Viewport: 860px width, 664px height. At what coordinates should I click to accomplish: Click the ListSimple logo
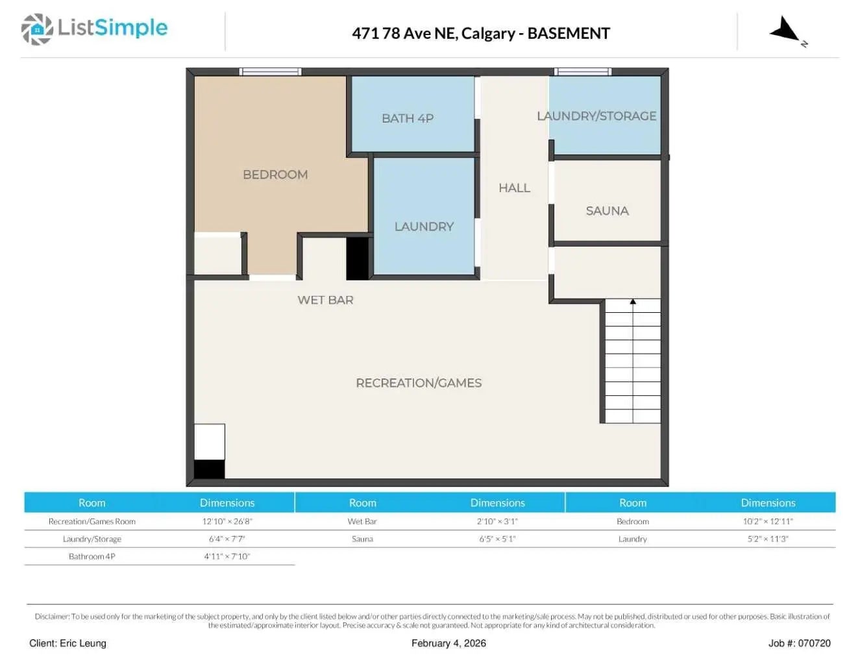point(94,29)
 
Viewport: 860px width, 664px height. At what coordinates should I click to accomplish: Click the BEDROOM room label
point(275,175)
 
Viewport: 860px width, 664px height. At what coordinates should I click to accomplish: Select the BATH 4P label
point(407,118)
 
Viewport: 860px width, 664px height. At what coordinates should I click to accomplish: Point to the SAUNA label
point(607,211)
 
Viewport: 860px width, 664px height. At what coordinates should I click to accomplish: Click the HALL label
point(514,188)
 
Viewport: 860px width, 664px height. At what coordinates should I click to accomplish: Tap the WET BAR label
point(325,300)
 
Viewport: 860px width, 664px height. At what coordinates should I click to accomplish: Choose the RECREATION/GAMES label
point(419,383)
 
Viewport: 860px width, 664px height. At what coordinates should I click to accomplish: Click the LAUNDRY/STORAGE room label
point(596,116)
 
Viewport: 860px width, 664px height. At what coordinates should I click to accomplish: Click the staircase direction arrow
point(633,302)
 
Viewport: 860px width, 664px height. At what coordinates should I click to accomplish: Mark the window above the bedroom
point(270,71)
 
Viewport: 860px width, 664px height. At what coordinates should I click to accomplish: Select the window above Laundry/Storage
point(582,71)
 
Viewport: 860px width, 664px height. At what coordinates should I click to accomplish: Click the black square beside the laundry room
point(357,258)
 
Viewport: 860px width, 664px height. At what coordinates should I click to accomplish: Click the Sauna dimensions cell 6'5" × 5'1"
point(497,539)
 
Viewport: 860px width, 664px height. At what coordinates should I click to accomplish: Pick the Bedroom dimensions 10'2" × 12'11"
point(768,521)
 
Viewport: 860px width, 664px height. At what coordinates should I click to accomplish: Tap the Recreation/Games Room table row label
point(92,521)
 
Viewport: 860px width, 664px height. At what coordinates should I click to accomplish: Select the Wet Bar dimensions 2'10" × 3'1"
point(497,521)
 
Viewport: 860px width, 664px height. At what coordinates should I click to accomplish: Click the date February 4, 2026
point(448,643)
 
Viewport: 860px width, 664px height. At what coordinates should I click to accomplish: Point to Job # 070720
point(799,643)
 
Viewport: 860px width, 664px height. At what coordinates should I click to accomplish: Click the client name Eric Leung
point(68,643)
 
